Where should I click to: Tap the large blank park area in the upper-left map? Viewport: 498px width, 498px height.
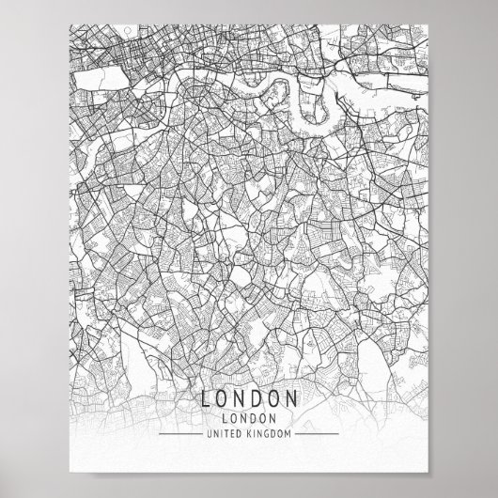point(99,77)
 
